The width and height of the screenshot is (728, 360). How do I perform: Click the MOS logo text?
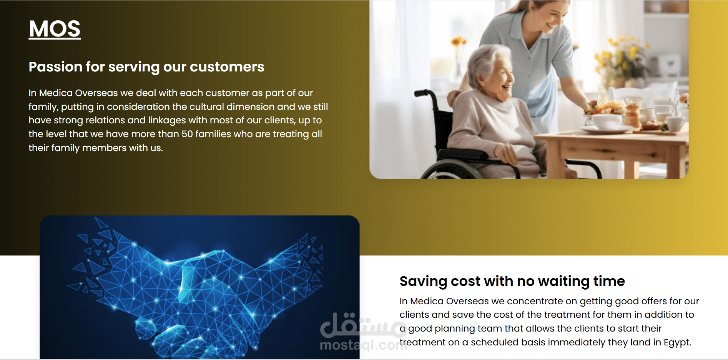(55, 29)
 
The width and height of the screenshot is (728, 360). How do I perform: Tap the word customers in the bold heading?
(227, 67)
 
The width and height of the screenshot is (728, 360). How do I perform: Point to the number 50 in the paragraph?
(187, 134)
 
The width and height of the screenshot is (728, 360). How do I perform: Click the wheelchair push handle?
(422, 93)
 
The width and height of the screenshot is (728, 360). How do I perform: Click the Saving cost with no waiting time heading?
(512, 281)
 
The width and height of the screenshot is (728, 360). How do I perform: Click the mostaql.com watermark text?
(363, 345)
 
